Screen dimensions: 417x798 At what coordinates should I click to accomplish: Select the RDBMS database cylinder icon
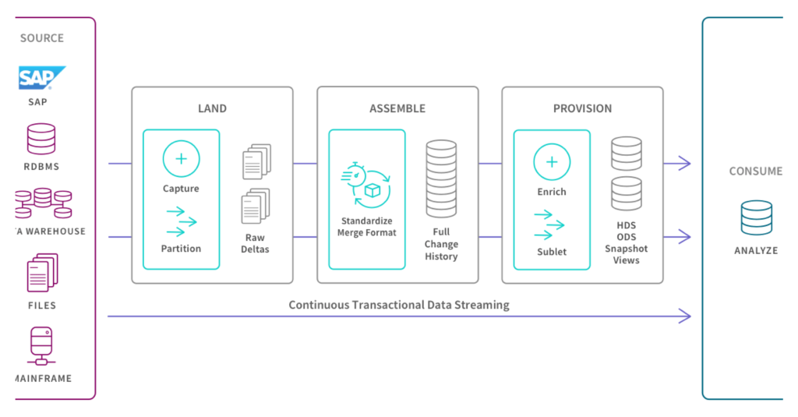pyautogui.click(x=41, y=139)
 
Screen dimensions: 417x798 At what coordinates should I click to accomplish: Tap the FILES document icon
pyautogui.click(x=42, y=273)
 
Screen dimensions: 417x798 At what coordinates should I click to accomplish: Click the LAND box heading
pyautogui.click(x=212, y=108)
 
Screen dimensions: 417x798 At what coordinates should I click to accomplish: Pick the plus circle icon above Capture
pyautogui.click(x=181, y=159)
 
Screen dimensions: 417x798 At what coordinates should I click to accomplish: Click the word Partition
pyautogui.click(x=181, y=249)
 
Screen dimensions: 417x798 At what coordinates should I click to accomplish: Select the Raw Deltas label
pyautogui.click(x=255, y=243)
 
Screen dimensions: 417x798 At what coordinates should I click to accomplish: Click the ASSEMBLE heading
pyautogui.click(x=397, y=108)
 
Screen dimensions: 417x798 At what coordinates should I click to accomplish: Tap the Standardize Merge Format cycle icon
pyautogui.click(x=366, y=186)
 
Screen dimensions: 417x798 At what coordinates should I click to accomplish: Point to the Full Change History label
pyautogui.click(x=441, y=244)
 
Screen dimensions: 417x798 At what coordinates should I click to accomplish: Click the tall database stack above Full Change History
pyautogui.click(x=441, y=178)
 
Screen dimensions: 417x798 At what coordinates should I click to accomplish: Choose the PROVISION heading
pyautogui.click(x=582, y=108)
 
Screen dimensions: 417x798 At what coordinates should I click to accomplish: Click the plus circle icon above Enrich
pyautogui.click(x=552, y=162)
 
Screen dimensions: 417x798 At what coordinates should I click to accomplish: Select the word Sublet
pyautogui.click(x=551, y=252)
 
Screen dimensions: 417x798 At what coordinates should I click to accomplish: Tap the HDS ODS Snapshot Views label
pyautogui.click(x=626, y=242)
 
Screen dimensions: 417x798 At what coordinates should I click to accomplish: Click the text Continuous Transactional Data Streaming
pyautogui.click(x=398, y=305)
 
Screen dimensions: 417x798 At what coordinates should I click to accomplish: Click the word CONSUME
pyautogui.click(x=755, y=171)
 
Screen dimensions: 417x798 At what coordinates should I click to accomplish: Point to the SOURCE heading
pyautogui.click(x=42, y=38)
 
